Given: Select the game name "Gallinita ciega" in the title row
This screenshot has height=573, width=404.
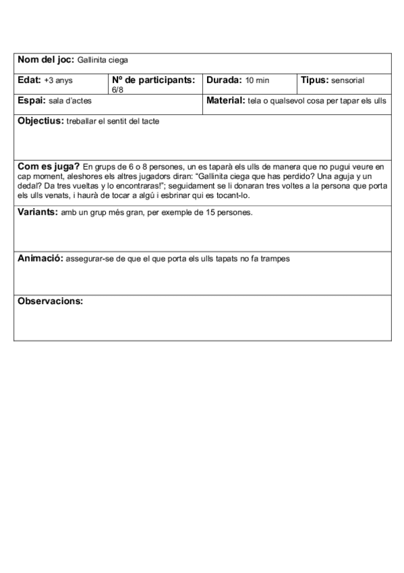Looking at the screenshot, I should point(103,60).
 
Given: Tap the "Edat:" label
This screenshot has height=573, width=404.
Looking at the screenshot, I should point(30,80).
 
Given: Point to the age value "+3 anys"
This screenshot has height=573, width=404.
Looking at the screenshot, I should point(59,80).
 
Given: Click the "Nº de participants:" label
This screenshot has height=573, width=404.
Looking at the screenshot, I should point(154,80).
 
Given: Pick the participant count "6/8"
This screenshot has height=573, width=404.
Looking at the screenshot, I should point(117,89).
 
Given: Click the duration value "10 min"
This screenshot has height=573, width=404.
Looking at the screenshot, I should point(257,80).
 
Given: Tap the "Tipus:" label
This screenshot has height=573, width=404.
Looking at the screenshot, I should point(315,80).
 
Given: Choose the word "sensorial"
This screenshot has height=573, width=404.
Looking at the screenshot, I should point(348,80).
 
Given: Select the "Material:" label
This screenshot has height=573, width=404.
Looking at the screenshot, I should point(225,100).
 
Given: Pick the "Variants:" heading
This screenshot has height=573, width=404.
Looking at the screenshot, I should point(37,211).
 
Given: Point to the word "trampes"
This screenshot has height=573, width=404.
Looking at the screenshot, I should point(275,259).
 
